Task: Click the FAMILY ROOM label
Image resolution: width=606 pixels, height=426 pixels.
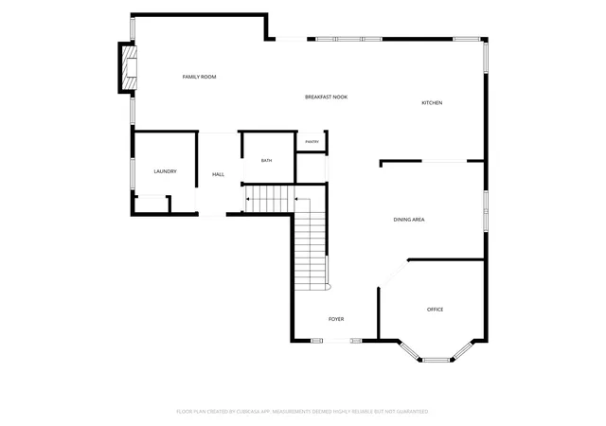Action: point(199,77)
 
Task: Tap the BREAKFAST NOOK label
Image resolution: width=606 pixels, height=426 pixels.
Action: point(326,97)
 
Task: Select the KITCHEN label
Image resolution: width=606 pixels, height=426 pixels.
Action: point(432,103)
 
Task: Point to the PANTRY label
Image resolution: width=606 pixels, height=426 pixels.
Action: point(312,142)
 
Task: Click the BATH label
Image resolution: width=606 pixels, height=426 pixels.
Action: point(266,160)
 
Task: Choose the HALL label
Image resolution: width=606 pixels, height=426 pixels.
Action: point(218,175)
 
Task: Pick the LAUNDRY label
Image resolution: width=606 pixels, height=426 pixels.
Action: point(165,171)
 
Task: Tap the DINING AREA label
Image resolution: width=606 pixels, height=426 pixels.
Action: point(409,220)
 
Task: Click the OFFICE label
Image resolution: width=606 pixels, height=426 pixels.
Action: point(435,310)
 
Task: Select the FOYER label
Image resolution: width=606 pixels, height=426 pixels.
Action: point(336,319)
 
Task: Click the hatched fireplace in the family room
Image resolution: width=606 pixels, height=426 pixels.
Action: point(130,67)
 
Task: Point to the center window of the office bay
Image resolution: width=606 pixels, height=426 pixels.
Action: point(436,360)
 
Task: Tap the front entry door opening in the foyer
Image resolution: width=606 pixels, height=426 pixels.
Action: point(336,341)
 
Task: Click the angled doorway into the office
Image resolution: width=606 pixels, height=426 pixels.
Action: point(394,275)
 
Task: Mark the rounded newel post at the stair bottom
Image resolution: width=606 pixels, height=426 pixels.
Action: point(329,287)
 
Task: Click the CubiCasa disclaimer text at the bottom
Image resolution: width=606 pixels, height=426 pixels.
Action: point(302,412)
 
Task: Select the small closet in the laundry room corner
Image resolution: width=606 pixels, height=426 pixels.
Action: point(151,204)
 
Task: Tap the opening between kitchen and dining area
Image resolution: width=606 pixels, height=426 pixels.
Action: point(444,161)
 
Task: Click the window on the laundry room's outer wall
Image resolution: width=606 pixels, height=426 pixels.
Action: point(133,173)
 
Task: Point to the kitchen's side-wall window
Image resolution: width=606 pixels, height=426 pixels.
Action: point(486,57)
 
